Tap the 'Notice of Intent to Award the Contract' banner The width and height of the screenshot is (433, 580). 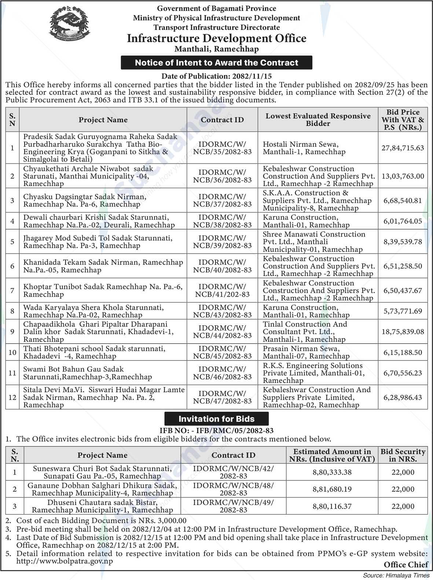pyautogui.click(x=216, y=63)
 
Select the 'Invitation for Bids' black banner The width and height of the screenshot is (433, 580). pyautogui.click(x=216, y=419)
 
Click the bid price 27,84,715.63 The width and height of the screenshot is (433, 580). pyautogui.click(x=403, y=148)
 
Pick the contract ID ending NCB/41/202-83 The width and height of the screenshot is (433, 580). pyautogui.click(x=222, y=290)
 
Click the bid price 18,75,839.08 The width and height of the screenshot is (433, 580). pyautogui.click(x=403, y=331)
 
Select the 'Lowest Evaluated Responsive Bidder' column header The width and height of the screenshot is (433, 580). pyautogui.click(x=318, y=120)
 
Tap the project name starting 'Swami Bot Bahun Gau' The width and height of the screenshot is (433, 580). pyautogui.click(x=87, y=373)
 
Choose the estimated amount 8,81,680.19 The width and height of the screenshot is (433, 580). pyautogui.click(x=332, y=489)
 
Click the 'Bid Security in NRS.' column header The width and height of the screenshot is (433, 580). pyautogui.click(x=403, y=455)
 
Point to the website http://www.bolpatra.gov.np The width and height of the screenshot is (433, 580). pyautogui.click(x=65, y=561)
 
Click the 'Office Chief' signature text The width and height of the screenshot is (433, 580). pyautogui.click(x=406, y=565)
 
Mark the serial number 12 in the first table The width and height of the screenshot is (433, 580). pyautogui.click(x=12, y=397)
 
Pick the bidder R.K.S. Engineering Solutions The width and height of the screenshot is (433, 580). pyautogui.click(x=313, y=373)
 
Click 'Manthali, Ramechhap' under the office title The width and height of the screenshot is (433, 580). pyautogui.click(x=216, y=49)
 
